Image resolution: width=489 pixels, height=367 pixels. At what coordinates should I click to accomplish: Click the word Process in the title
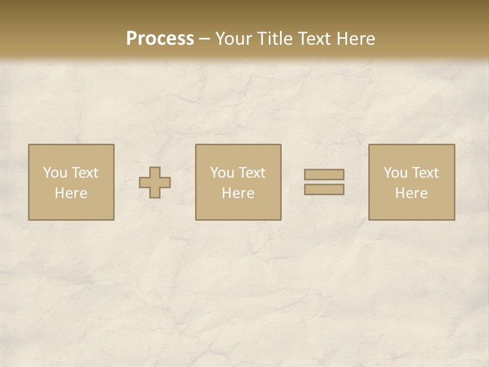click(x=160, y=39)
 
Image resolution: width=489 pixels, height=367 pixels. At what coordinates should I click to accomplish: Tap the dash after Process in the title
click(x=204, y=39)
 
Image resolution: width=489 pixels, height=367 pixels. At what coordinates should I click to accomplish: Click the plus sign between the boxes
click(x=155, y=182)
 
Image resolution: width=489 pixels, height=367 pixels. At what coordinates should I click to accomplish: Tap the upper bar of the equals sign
click(x=324, y=174)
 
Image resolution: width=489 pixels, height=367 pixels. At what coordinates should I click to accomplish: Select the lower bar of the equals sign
click(x=324, y=190)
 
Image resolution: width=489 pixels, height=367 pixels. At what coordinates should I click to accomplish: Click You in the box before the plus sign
click(x=55, y=173)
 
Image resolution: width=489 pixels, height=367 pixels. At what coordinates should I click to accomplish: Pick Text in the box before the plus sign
click(x=84, y=173)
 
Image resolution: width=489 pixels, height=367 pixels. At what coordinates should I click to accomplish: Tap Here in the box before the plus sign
click(x=71, y=193)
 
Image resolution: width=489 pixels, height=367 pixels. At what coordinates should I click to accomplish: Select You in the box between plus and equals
click(x=222, y=173)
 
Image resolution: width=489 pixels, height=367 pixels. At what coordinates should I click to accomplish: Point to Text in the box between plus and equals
click(x=251, y=173)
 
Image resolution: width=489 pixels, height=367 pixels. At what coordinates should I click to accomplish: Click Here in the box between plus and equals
click(x=238, y=193)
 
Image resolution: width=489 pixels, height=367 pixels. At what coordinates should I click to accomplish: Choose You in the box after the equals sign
click(x=395, y=173)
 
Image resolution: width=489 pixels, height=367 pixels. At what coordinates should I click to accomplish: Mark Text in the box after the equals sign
click(x=424, y=173)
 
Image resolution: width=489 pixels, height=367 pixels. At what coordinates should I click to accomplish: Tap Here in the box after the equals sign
click(x=411, y=193)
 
